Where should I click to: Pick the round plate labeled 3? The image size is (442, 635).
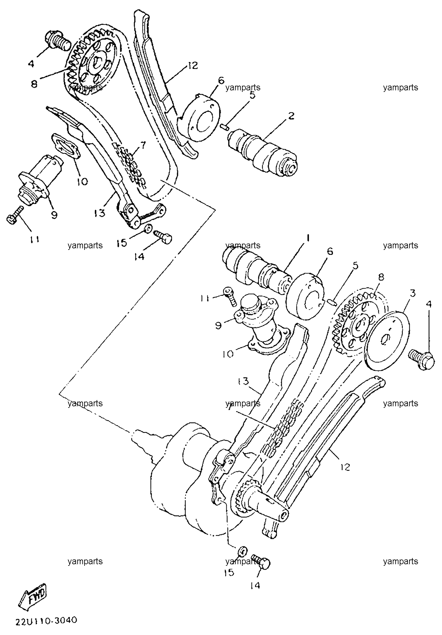[387, 340]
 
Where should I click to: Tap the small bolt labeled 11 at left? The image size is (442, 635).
[15, 215]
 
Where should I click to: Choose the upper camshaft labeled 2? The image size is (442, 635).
[262, 151]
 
